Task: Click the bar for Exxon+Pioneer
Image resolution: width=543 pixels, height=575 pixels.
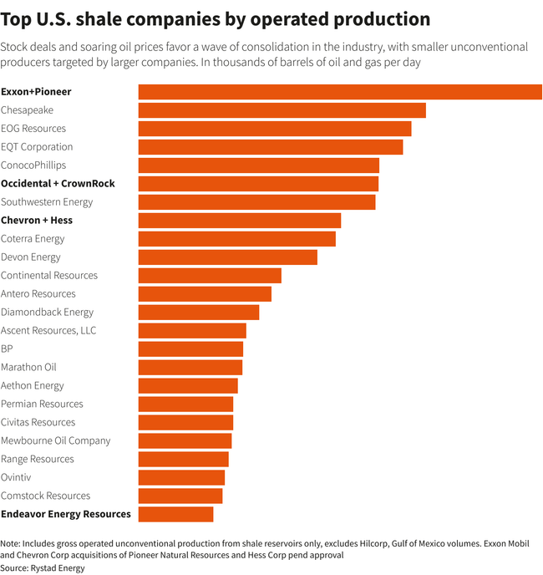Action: pos(340,92)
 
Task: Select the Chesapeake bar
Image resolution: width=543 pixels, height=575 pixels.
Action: pos(282,110)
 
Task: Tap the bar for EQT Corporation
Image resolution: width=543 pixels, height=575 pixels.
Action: pos(270,147)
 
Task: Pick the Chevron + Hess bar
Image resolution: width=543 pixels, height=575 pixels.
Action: pos(239,221)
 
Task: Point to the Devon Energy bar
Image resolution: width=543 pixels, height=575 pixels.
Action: pos(227,257)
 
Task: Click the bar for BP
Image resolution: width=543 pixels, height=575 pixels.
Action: pos(190,349)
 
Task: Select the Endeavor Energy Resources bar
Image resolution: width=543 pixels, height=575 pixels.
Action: pos(175,514)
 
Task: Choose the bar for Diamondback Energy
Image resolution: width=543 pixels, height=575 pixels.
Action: pos(198,313)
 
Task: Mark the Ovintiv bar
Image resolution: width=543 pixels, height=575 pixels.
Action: pos(181,477)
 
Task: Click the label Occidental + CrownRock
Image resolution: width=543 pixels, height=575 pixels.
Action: pos(58,184)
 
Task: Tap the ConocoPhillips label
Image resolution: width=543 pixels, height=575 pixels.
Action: pos(33,165)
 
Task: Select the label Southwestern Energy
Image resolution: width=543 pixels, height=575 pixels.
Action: pos(47,202)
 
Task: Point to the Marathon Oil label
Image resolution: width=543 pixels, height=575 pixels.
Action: pos(28,368)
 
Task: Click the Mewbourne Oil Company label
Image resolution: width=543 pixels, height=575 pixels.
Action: pos(55,440)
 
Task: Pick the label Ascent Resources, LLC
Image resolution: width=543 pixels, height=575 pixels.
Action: pos(48,331)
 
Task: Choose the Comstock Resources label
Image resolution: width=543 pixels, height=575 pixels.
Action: pos(45,496)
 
